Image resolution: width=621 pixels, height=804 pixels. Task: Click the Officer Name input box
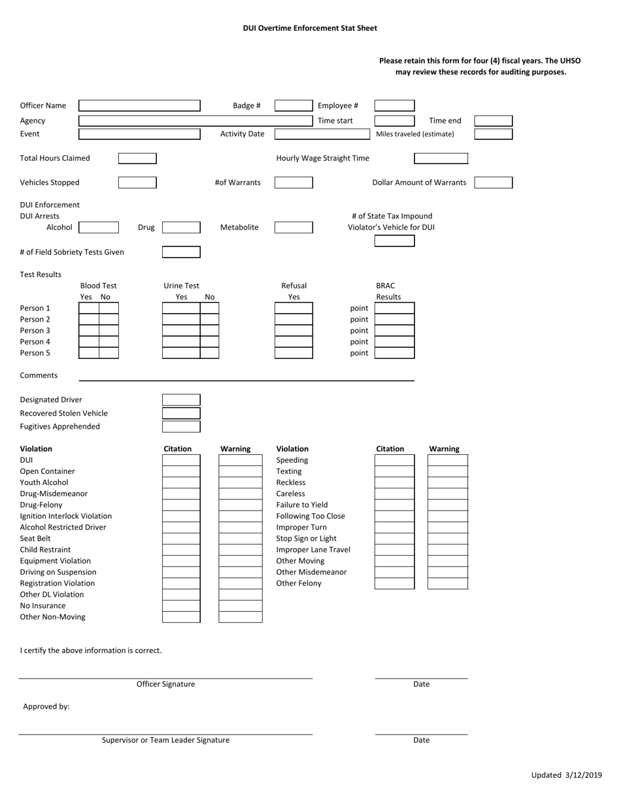[x=139, y=106]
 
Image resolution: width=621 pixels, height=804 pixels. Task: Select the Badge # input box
[x=294, y=106]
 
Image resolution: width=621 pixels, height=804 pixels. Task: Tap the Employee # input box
[x=394, y=106]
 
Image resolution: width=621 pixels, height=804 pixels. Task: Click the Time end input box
[x=493, y=121]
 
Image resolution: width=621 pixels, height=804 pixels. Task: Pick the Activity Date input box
[x=322, y=134]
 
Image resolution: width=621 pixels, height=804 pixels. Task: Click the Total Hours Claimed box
[x=137, y=158]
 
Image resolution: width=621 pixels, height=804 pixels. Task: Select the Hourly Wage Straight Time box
[x=441, y=158]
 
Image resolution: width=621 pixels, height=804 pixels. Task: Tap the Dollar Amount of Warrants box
[x=493, y=182]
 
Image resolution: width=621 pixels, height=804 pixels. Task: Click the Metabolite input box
[x=294, y=227]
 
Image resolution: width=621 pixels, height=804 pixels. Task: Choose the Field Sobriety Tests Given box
[x=181, y=252]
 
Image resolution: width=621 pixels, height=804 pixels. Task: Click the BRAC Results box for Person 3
[x=394, y=331]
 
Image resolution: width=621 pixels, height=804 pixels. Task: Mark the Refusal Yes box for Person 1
[x=294, y=309]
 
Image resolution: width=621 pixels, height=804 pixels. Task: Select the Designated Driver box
[x=181, y=400]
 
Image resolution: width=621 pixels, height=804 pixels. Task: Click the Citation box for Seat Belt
[x=181, y=539]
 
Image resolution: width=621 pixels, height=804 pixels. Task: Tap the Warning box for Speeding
[x=448, y=460]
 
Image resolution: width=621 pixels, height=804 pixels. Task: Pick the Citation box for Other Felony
[x=394, y=583]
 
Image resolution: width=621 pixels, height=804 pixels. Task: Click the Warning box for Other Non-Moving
[x=240, y=617]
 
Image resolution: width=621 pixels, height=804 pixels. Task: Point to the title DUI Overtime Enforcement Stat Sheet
[x=310, y=28]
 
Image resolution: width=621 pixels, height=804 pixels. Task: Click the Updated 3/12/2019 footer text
[x=566, y=775]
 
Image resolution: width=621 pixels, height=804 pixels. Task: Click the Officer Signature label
[x=165, y=684]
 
